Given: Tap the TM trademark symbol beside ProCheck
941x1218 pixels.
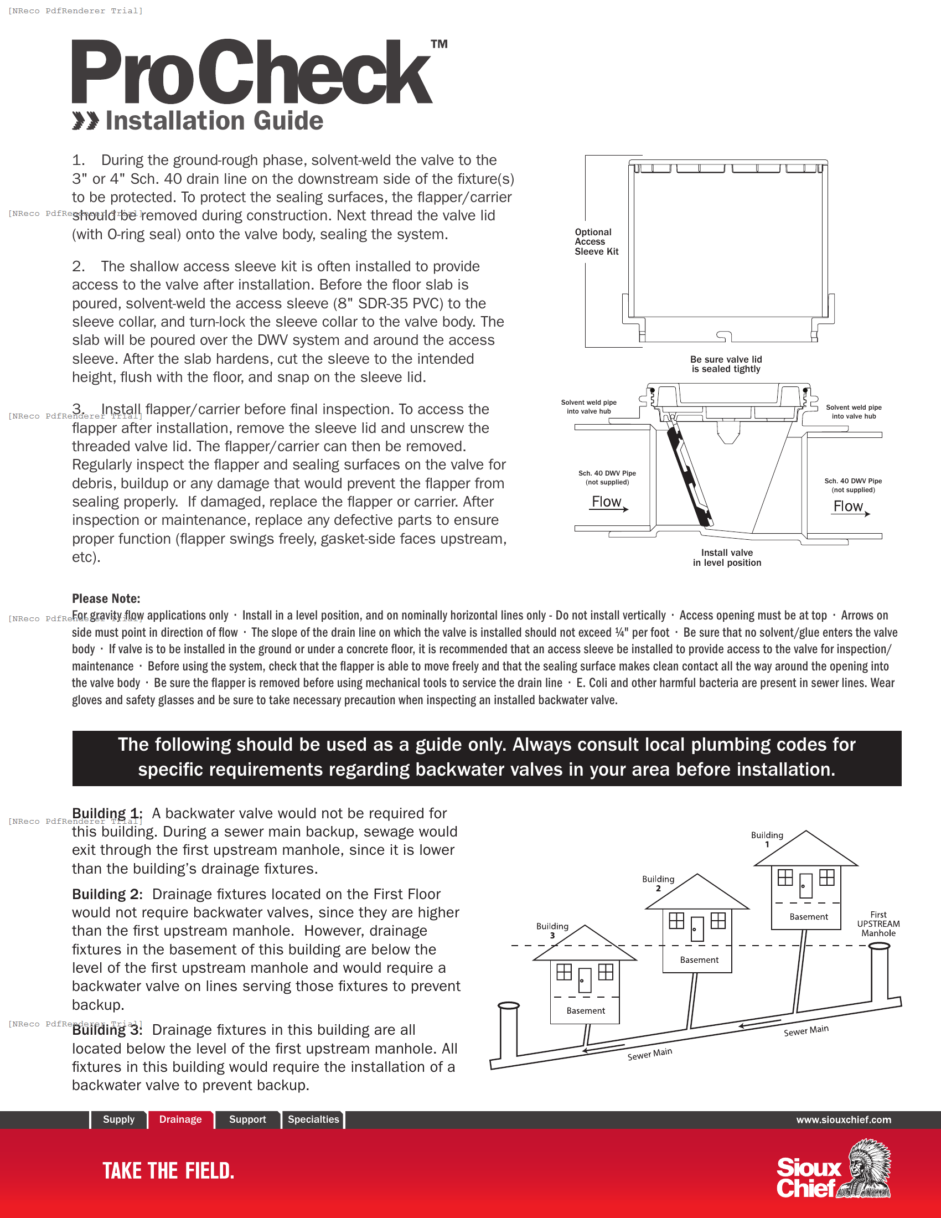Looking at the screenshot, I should pyautogui.click(x=439, y=44).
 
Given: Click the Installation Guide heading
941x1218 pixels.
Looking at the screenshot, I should pyautogui.click(x=214, y=121).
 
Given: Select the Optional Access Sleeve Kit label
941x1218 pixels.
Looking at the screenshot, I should pyautogui.click(x=596, y=241).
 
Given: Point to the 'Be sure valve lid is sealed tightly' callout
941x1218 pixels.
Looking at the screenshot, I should pyautogui.click(x=726, y=364).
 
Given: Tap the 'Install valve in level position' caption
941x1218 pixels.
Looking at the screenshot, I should pyautogui.click(x=727, y=557).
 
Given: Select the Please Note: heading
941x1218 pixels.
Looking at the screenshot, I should pyautogui.click(x=106, y=598).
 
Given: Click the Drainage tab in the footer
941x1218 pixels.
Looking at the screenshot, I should pyautogui.click(x=180, y=1119).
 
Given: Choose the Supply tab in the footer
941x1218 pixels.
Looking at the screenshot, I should pyautogui.click(x=119, y=1119).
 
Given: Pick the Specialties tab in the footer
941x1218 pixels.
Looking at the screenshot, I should pyautogui.click(x=313, y=1119).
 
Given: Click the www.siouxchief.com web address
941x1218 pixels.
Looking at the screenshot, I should pyautogui.click(x=843, y=1120).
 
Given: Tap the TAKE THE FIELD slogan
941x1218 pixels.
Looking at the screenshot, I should pyautogui.click(x=168, y=1170).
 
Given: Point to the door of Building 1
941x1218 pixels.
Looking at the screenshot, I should pyautogui.click(x=805, y=885).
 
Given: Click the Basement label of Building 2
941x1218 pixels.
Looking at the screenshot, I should pyautogui.click(x=699, y=960).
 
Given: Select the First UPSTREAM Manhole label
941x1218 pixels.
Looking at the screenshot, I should pyautogui.click(x=878, y=923).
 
